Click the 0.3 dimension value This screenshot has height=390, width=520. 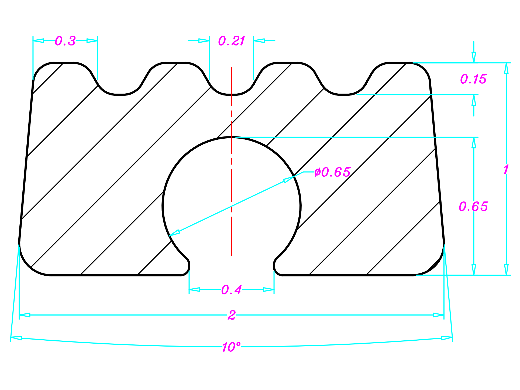[65, 41]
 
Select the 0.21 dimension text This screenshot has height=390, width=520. [232, 41]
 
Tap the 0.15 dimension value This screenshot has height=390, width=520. [473, 79]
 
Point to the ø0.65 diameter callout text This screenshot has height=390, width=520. [333, 172]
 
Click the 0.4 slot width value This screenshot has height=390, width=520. [232, 290]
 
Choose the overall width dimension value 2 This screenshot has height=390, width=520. [232, 315]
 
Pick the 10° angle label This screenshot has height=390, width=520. [231, 347]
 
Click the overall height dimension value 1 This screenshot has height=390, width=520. [506, 169]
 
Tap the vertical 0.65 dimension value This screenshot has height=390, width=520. [473, 207]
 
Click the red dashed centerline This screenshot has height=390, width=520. [232, 161]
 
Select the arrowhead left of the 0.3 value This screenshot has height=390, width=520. [38, 41]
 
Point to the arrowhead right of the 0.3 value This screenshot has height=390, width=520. [92, 41]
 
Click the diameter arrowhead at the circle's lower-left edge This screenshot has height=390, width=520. [174, 233]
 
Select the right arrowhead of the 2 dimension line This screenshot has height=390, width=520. [438, 315]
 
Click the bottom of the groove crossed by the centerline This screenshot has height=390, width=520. [232, 95]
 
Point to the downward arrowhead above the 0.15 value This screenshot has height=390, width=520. [474, 57]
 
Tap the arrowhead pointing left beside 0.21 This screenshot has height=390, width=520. [259, 41]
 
